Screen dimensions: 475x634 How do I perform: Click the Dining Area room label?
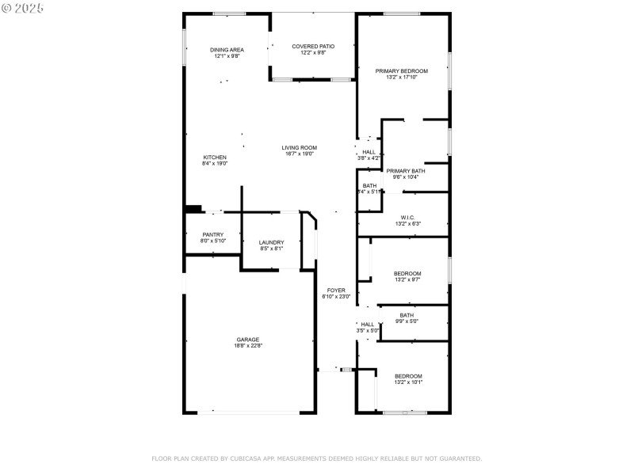coord(227,50)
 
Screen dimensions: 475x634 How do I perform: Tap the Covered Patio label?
coord(313,47)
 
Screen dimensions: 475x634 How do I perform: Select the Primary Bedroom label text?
coord(401,71)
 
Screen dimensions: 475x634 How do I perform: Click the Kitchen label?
coord(215,158)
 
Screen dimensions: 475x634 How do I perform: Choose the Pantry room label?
coord(212,234)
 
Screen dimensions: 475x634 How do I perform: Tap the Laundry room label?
coord(272,242)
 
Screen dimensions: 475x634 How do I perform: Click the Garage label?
coord(247,339)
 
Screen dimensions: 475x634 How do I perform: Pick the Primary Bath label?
coord(406,171)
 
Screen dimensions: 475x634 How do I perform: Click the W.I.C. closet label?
coord(408,218)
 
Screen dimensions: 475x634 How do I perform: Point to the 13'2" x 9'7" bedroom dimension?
coord(408,279)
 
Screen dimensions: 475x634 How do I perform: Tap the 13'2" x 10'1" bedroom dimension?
coord(408,382)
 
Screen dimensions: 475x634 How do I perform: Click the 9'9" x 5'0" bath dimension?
coord(407,321)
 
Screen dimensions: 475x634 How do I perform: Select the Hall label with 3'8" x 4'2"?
coord(369,152)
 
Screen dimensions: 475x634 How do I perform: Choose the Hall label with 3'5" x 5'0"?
coord(368,324)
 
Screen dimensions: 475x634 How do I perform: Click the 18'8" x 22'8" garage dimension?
coord(247,345)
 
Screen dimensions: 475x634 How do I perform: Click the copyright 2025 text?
coord(23,7)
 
